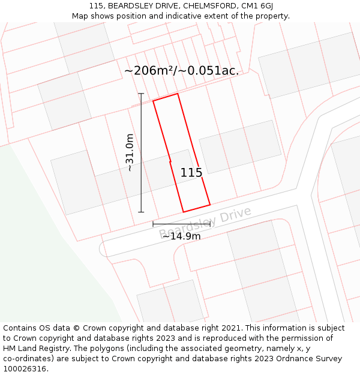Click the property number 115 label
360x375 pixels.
[x=191, y=173]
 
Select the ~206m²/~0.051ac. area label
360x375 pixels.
[x=181, y=71]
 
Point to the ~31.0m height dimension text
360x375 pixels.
[x=130, y=152]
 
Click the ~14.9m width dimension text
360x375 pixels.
[x=181, y=236]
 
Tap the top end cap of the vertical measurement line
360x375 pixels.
[x=141, y=94]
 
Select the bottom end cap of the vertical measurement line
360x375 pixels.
[x=141, y=212]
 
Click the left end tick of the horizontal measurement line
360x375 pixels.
[x=153, y=224]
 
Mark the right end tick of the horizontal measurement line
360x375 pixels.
[x=210, y=224]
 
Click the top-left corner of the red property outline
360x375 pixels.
[x=153, y=101]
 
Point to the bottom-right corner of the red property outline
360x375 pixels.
[x=210, y=205]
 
